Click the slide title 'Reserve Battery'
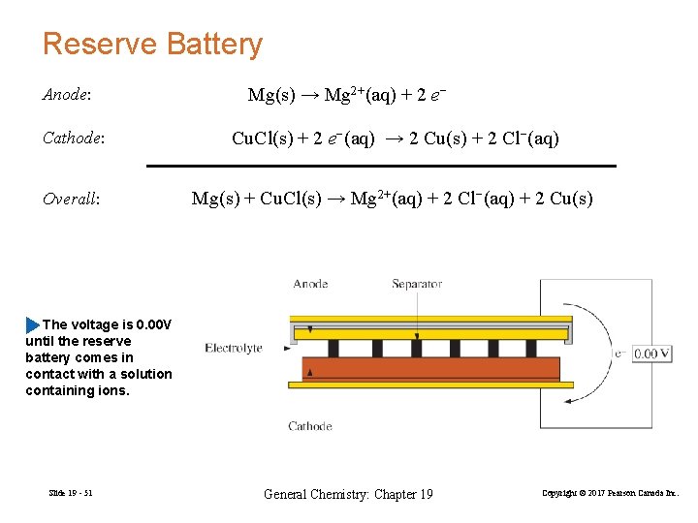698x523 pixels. tap(152, 45)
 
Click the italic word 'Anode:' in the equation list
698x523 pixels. tap(67, 95)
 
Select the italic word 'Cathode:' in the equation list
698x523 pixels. tap(73, 138)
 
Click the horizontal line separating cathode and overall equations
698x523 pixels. tap(381, 167)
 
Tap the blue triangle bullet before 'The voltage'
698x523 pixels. tap(34, 324)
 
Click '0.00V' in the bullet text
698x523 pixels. tap(154, 324)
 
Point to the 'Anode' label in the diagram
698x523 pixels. tap(310, 284)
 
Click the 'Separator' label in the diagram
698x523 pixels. tap(417, 284)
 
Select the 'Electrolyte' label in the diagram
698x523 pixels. tap(234, 349)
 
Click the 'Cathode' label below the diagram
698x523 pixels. tap(310, 425)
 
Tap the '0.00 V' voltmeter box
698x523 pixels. tap(652, 354)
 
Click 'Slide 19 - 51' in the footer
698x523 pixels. tap(71, 494)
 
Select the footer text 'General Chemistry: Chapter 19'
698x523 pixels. tap(348, 494)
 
